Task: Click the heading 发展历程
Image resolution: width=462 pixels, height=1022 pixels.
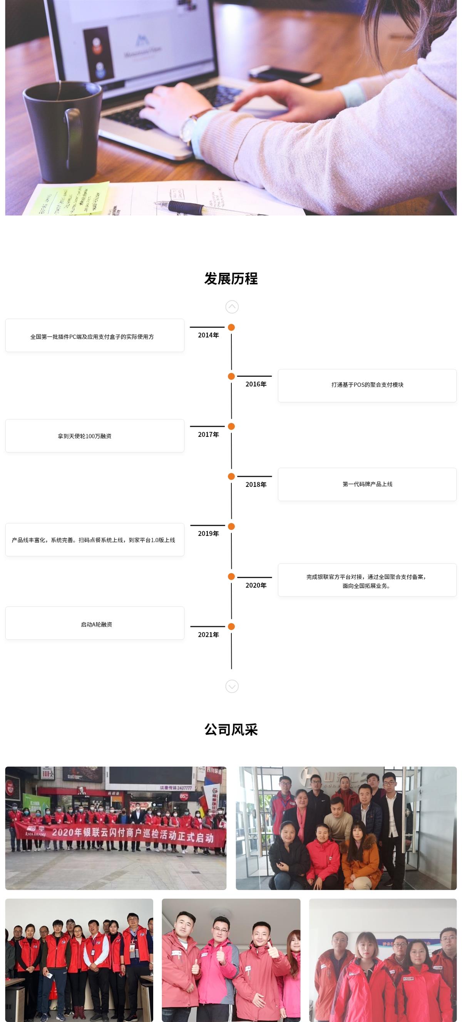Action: (x=231, y=279)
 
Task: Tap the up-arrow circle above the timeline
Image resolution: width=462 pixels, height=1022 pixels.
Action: (x=232, y=307)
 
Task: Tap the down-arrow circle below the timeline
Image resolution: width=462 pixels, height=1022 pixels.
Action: (x=232, y=686)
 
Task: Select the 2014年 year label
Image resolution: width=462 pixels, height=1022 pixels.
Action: (x=208, y=335)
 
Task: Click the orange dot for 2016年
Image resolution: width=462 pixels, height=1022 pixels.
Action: (x=231, y=376)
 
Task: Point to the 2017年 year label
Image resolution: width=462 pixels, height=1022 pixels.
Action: (x=208, y=435)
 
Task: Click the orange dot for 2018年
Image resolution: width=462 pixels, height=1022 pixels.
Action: (x=231, y=476)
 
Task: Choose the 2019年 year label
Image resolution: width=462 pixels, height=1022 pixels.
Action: (x=208, y=534)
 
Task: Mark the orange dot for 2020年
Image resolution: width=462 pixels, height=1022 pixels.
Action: (x=231, y=576)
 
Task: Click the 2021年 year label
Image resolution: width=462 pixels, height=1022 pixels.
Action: (x=208, y=635)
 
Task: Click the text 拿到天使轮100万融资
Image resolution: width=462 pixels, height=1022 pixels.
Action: (x=84, y=436)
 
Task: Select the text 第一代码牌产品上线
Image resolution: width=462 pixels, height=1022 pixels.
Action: (x=367, y=484)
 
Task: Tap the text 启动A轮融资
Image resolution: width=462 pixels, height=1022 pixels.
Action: (x=96, y=624)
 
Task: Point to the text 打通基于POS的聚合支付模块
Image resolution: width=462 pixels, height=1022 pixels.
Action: (x=367, y=385)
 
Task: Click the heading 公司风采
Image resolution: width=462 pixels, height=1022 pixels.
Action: (x=231, y=730)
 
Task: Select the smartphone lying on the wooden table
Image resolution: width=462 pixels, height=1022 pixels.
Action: (x=285, y=74)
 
